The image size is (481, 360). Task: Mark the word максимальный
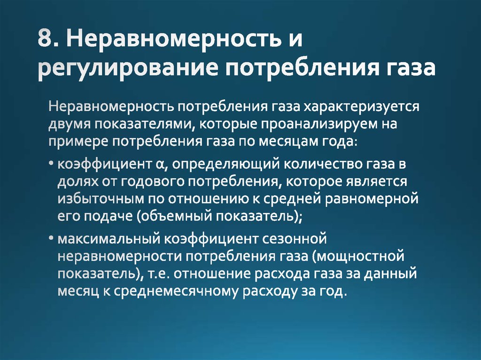tap(108, 239)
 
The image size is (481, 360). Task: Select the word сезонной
tap(293, 239)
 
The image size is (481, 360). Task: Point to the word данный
tap(388, 274)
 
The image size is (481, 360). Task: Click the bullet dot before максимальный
tap(50, 239)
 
